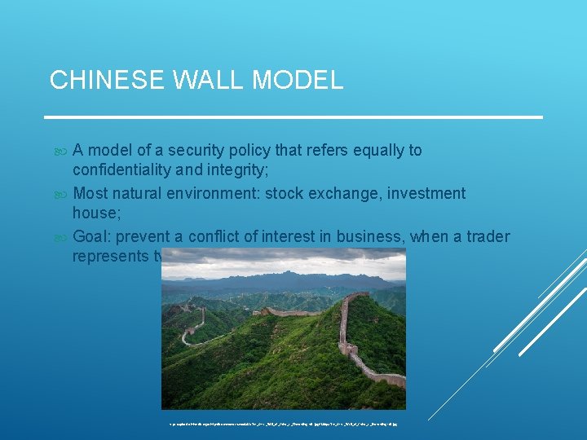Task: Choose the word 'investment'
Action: tap(425, 193)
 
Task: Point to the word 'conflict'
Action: tap(214, 236)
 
